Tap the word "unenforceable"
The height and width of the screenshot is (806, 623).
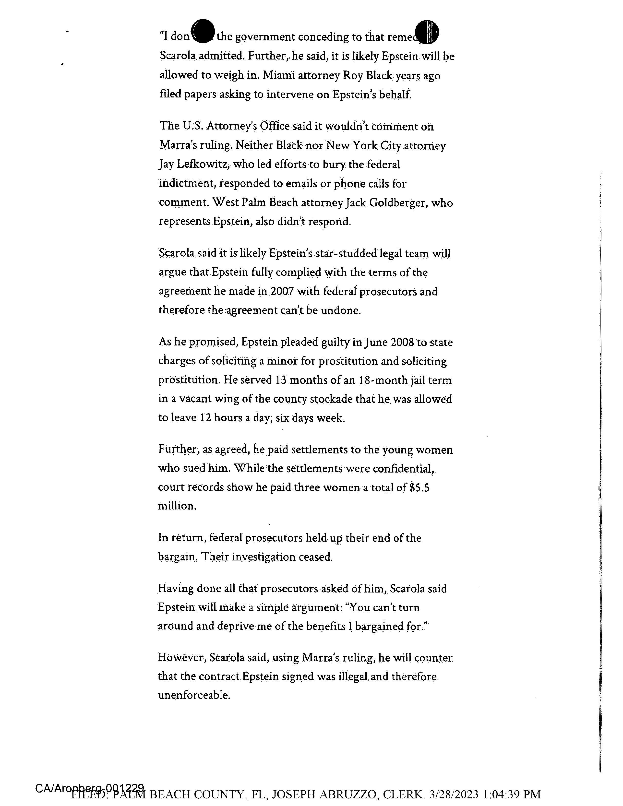pos(194,695)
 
